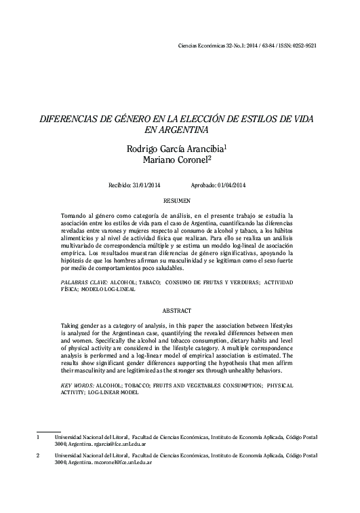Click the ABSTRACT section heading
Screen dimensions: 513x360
pos(180,310)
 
